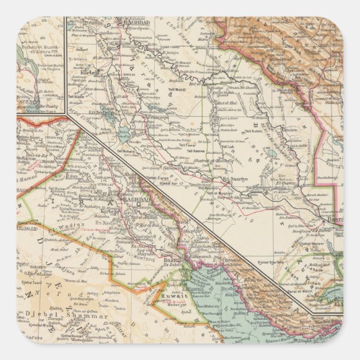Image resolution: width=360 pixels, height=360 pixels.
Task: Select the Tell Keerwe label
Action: [x=196, y=151]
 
